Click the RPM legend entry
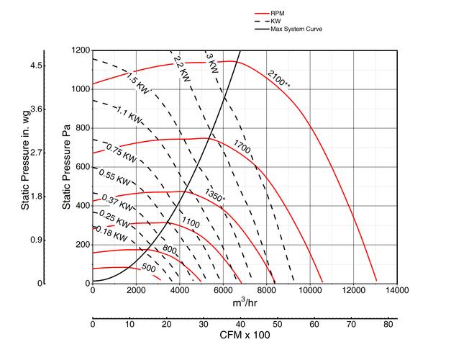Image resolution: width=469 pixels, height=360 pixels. pyautogui.click(x=281, y=14)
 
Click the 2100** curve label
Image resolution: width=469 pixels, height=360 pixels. pyautogui.click(x=278, y=78)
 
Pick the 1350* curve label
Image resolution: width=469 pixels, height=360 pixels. pyautogui.click(x=215, y=195)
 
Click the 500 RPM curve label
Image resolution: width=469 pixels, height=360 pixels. pyautogui.click(x=149, y=267)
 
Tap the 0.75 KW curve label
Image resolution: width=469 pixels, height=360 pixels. pyautogui.click(x=120, y=153)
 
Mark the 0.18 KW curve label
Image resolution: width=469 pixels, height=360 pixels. pyautogui.click(x=112, y=235)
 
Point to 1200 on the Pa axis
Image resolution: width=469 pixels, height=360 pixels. pyautogui.click(x=81, y=50)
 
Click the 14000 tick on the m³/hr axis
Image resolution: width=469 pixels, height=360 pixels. pyautogui.click(x=396, y=290)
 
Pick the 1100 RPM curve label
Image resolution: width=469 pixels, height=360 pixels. pyautogui.click(x=191, y=221)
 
